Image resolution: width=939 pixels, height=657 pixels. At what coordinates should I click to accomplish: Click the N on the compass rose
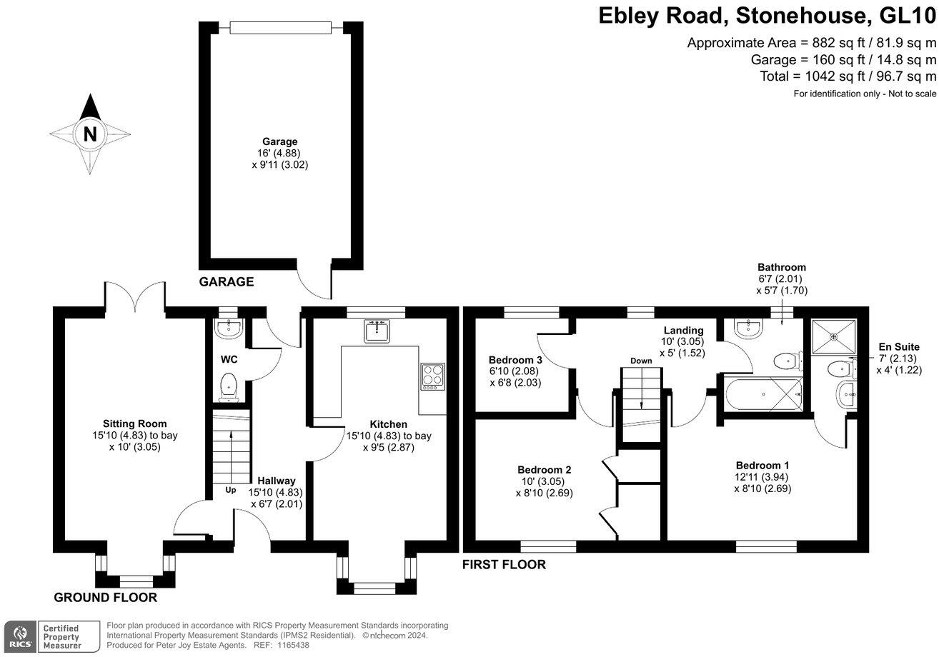click(x=90, y=134)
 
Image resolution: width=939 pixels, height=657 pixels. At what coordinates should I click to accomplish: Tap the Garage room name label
click(x=279, y=141)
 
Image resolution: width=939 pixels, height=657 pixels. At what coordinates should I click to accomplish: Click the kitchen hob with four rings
click(x=433, y=376)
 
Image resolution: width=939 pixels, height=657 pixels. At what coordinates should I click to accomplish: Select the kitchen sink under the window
click(x=377, y=331)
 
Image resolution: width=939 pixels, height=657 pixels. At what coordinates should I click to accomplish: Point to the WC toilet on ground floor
click(x=229, y=387)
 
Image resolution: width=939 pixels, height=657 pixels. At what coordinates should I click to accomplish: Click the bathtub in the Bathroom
click(x=764, y=394)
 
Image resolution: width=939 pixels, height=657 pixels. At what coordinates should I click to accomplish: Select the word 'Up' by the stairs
click(x=231, y=490)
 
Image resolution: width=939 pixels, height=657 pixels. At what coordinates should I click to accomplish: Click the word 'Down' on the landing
click(x=641, y=361)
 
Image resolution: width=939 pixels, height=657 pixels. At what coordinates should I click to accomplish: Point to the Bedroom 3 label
click(x=515, y=360)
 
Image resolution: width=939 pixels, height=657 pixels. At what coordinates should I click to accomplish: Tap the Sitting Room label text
click(x=135, y=423)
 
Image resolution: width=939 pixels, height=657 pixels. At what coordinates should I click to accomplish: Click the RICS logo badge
click(x=20, y=637)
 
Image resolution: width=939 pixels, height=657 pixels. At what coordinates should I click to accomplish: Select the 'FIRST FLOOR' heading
click(x=504, y=565)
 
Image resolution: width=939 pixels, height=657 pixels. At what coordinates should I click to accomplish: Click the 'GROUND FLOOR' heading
click(x=106, y=598)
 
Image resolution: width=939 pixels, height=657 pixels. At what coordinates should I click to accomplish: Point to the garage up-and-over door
click(x=281, y=28)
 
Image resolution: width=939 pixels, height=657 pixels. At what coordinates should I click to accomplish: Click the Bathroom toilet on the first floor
click(x=788, y=361)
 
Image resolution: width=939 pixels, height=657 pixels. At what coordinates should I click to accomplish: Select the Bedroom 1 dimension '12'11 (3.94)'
click(x=761, y=477)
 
